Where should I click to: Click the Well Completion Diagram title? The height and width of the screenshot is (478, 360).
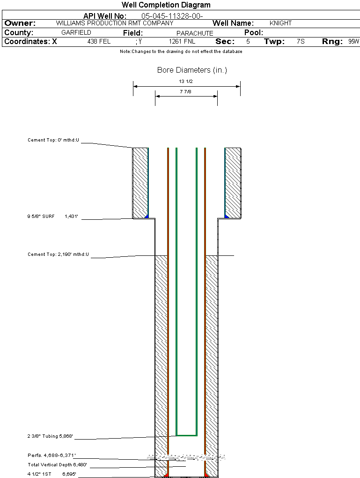[x=166, y=5]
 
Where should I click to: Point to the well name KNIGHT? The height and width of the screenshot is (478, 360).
[x=280, y=23]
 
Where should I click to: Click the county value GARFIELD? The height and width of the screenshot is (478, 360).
[x=76, y=33]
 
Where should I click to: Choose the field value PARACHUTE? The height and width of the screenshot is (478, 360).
[x=195, y=33]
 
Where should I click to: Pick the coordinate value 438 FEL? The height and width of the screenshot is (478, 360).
[x=99, y=42]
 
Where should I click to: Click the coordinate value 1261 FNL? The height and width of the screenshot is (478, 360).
[x=182, y=42]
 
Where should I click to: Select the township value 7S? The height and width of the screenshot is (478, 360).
[x=301, y=42]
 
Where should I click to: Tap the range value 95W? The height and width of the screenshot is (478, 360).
[x=353, y=42]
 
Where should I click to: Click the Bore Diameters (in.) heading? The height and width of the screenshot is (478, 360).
[x=192, y=70]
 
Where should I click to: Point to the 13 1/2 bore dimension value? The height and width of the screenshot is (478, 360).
[x=186, y=82]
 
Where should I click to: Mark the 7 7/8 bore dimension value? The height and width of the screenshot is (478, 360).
[x=186, y=92]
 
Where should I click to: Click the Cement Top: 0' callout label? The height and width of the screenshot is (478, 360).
[x=53, y=140]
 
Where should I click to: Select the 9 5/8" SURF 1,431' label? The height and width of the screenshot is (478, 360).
[x=51, y=217]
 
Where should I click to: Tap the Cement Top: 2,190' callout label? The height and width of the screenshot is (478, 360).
[x=58, y=254]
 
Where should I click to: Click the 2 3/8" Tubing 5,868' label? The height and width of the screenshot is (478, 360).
[x=50, y=437]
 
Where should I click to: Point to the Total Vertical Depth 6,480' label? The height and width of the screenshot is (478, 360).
[x=57, y=465]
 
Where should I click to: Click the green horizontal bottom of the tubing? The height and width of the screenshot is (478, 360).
[x=186, y=435]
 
